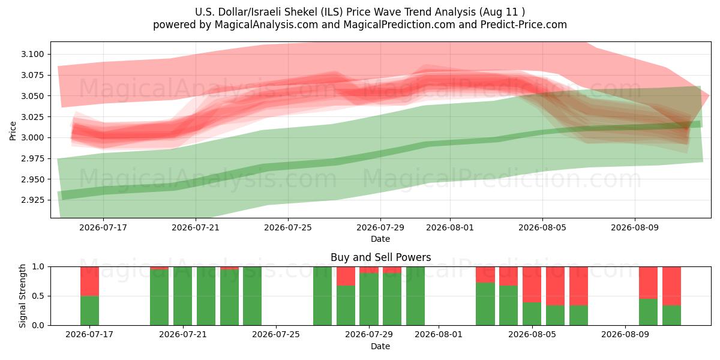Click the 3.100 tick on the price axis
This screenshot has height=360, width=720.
click(32, 54)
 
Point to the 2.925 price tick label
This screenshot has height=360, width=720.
click(32, 200)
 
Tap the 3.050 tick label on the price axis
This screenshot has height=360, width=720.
click(32, 96)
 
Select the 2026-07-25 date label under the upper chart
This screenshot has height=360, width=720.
click(287, 227)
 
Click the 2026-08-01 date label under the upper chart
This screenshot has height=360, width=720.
click(449, 227)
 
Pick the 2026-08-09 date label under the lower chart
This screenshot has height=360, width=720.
click(625, 334)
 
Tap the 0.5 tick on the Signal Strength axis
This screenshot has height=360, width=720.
click(38, 296)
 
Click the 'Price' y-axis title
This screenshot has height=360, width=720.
click(13, 131)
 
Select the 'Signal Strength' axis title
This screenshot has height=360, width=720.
click(22, 296)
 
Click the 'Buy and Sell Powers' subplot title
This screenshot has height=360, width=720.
click(380, 257)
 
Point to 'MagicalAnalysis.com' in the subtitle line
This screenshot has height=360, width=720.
click(266, 25)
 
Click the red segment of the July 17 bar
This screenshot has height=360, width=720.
click(89, 281)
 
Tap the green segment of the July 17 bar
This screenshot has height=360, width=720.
click(89, 311)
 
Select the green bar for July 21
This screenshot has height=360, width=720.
click(182, 296)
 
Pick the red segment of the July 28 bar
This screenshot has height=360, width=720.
click(346, 276)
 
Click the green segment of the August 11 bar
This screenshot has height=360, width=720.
click(671, 316)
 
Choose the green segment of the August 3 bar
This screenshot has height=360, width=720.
click(485, 304)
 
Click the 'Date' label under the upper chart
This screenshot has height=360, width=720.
click(380, 239)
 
